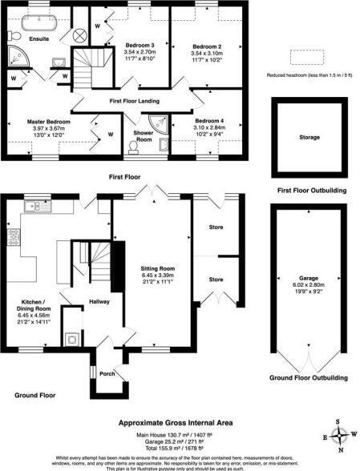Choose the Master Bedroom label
(x=49, y=121)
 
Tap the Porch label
(x=105, y=372)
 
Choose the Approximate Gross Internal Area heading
(x=179, y=421)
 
